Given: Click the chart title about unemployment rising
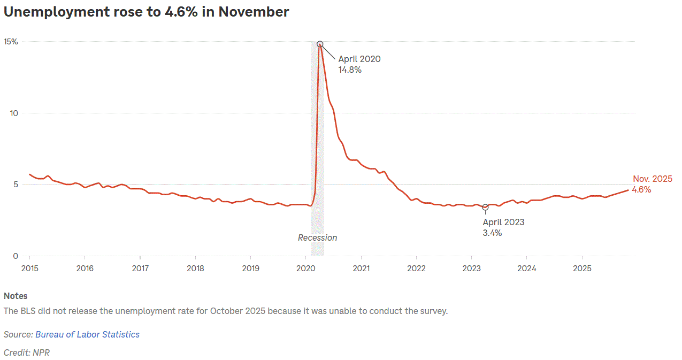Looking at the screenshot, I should click(x=146, y=12).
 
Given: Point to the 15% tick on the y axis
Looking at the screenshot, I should click(x=11, y=42).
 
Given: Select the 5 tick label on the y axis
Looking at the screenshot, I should click(x=16, y=185).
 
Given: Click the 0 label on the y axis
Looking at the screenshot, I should click(x=16, y=256).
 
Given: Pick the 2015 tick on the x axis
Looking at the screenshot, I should click(x=29, y=267).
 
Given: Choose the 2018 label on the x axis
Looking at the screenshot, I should click(x=195, y=267).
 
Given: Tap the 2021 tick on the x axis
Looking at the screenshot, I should click(x=362, y=267).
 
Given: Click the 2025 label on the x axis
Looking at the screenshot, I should click(x=582, y=267).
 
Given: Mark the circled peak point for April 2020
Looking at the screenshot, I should click(x=320, y=44).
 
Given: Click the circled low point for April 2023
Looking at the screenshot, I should click(x=485, y=207).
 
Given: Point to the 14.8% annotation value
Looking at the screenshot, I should click(x=350, y=70).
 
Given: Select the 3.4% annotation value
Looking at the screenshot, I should click(x=492, y=233).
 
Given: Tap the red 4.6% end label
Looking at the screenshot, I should click(x=641, y=189).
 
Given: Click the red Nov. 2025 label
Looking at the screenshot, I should click(x=653, y=179).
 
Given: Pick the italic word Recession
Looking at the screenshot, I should click(x=318, y=238).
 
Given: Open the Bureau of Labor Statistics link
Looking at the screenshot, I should click(x=87, y=334).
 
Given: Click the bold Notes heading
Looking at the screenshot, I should click(x=16, y=296).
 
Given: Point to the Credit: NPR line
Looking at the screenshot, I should click(x=27, y=353).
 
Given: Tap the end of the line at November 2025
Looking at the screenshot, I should click(x=629, y=190).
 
